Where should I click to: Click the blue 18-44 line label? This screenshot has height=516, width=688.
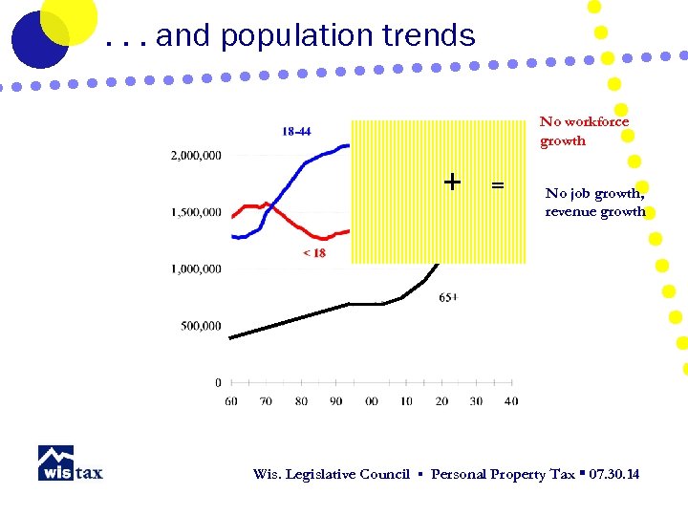296,131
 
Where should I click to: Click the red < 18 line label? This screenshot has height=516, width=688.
313,253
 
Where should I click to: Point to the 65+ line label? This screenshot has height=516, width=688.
448,297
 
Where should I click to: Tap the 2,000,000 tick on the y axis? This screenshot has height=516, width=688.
197,155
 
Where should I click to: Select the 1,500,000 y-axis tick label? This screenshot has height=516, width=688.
197,212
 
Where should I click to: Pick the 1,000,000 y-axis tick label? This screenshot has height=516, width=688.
197,269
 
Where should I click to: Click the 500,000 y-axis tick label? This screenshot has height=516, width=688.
203,326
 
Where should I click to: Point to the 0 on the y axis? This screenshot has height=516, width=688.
218,383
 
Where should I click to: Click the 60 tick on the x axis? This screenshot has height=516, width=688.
231,401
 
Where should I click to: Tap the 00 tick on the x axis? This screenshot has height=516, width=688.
372,401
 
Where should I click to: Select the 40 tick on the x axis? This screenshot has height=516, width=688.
511,401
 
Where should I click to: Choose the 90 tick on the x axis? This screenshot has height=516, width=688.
336,401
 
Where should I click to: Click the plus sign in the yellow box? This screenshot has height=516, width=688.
452,182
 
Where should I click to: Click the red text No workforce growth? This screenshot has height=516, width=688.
584,131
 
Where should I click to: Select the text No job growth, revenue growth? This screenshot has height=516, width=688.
595,203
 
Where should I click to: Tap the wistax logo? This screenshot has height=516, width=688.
70,463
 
